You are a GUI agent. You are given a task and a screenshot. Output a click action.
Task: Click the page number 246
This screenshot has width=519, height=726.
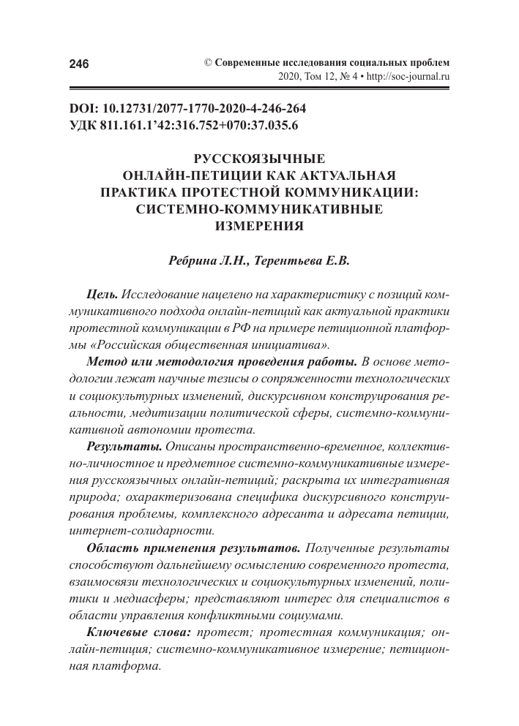(78, 64)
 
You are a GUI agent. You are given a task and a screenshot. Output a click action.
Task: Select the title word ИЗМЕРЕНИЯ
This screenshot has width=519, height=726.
(258, 226)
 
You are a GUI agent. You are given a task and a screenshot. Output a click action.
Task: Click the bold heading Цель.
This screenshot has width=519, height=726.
(102, 295)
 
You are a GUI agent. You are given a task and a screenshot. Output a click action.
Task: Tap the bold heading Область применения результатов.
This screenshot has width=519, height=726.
(193, 548)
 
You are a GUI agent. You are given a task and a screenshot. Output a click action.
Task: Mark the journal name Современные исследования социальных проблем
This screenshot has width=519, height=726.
(331, 62)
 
